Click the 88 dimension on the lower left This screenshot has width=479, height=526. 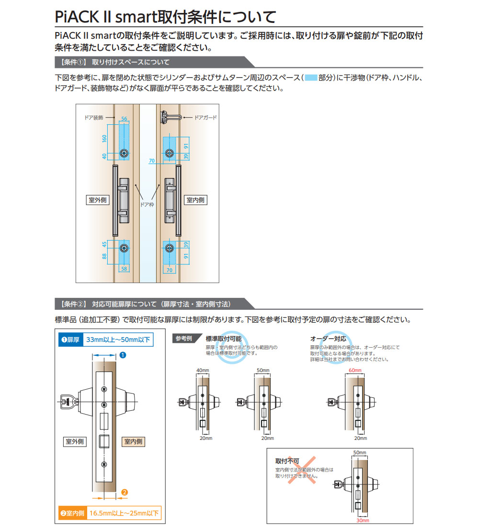pos(103,257)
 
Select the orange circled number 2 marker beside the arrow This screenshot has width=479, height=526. pos(124,492)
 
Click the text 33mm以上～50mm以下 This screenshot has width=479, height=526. pos(118,340)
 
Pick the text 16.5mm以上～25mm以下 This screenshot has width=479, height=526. pos(125,514)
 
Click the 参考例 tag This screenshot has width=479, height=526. pos(183,339)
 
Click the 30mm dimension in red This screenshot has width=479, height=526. pos(362,520)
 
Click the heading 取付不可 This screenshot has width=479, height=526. pos(285,461)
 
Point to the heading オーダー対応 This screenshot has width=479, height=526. pos(329,339)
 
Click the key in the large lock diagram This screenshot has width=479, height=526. pos(68,401)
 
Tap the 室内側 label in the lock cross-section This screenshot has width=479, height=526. pos(133,441)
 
